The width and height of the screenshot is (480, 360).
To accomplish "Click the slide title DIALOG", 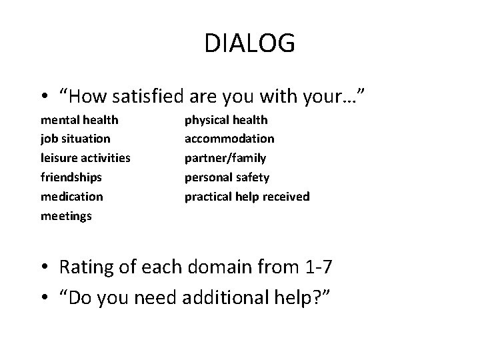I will coord(249,43).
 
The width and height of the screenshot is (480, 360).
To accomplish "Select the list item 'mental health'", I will coord(79,120).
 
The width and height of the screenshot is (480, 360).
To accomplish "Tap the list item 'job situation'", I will coord(75,139).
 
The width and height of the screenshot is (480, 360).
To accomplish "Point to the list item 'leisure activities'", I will coord(85,158).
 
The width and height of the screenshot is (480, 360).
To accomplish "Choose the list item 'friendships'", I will coord(72,177).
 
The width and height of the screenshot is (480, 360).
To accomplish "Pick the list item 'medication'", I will coord(72,197).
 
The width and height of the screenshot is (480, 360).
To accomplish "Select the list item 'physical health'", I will coord(226,120).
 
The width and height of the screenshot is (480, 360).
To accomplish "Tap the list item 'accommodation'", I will coord(229,139).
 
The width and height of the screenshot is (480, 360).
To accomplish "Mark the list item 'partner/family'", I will coord(225,158).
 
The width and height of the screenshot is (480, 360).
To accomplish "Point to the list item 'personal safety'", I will coord(227,177).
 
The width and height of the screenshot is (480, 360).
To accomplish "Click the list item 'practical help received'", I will coord(247,197).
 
